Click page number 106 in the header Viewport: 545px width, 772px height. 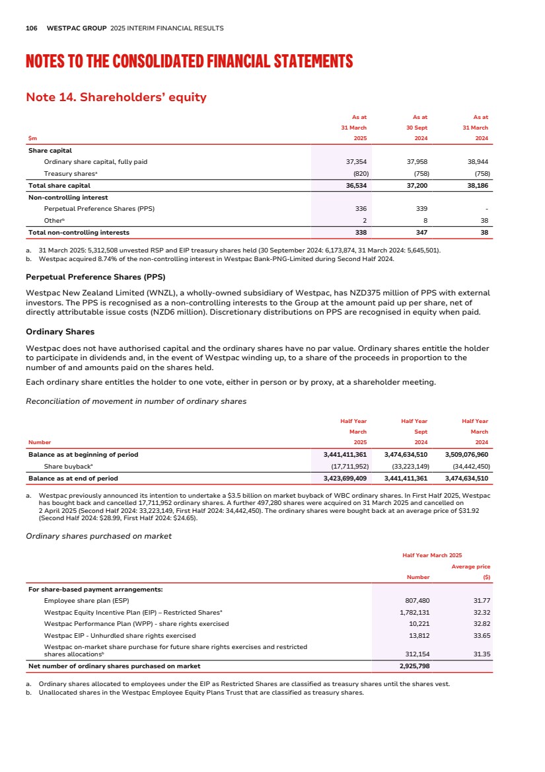[x=31, y=28]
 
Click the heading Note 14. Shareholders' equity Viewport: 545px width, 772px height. [x=116, y=98]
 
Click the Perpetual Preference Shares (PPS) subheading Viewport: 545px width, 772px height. [x=95, y=276]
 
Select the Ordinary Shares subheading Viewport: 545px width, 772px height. [x=59, y=331]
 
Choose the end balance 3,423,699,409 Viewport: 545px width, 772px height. [x=340, y=478]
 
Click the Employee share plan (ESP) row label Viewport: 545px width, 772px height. [x=86, y=601]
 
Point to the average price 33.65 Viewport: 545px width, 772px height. [x=480, y=635]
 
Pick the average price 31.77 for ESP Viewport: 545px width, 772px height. [x=480, y=601]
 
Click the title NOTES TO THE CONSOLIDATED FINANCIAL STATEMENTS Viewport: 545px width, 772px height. [x=189, y=62]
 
